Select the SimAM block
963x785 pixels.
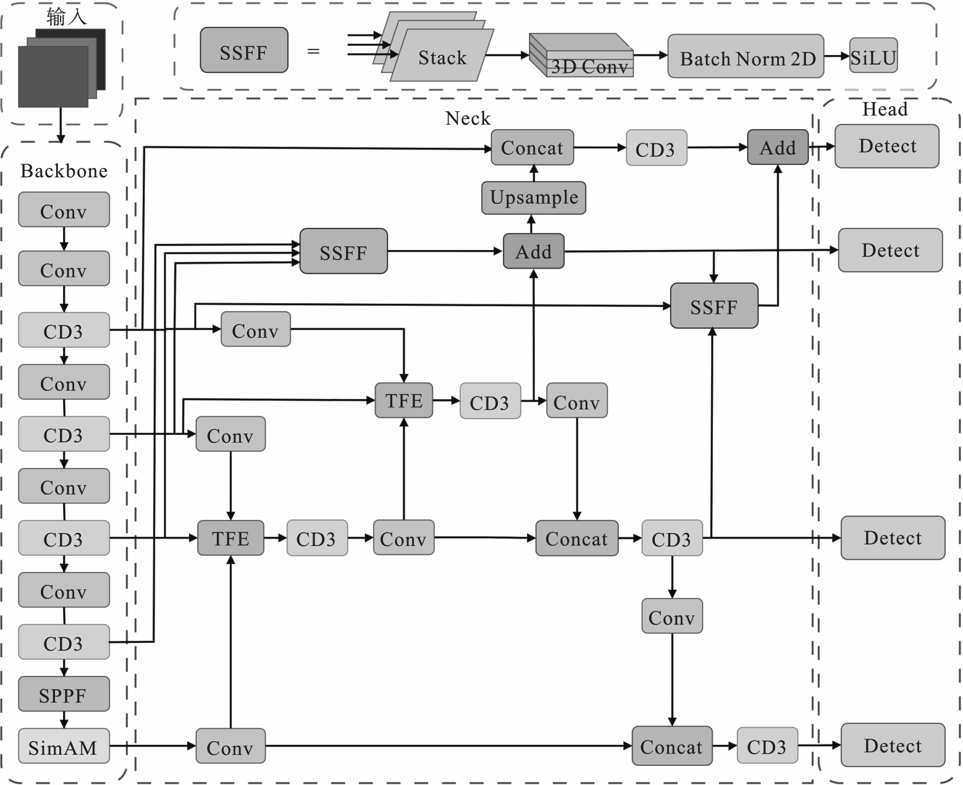pyautogui.click(x=64, y=747)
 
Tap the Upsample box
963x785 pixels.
pyautogui.click(x=534, y=198)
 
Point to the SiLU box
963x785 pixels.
pyautogui.click(x=873, y=57)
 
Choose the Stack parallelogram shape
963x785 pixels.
pyautogui.click(x=442, y=57)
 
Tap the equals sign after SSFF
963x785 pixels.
pyautogui.click(x=313, y=52)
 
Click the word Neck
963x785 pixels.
pyautogui.click(x=468, y=118)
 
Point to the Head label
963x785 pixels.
pyautogui.click(x=885, y=109)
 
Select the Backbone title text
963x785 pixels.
pyautogui.click(x=64, y=171)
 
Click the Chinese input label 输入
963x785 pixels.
pyautogui.click(x=66, y=17)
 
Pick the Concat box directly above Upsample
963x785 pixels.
pyautogui.click(x=532, y=148)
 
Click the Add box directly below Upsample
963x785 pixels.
pyautogui.click(x=533, y=251)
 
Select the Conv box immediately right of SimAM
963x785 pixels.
pyautogui.click(x=230, y=747)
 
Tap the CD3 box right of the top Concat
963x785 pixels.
pyautogui.click(x=656, y=148)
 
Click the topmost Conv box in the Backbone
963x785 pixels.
pyautogui.click(x=64, y=210)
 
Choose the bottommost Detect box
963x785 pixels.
pyautogui.click(x=893, y=745)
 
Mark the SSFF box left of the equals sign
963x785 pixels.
pyautogui.click(x=243, y=51)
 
